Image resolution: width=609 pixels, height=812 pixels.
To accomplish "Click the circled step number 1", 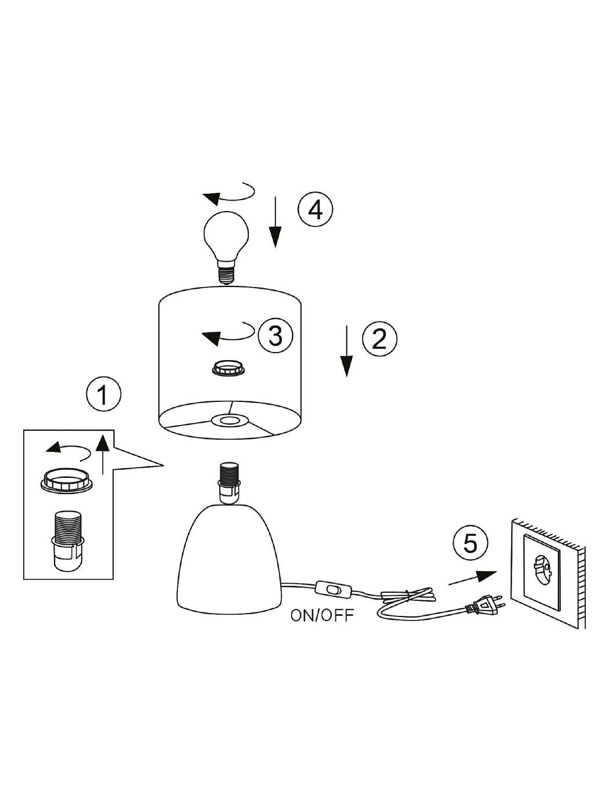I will pos(103,396).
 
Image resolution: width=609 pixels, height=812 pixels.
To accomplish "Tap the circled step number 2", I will pos(379,338).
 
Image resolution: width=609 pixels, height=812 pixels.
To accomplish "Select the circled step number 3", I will pos(275,335).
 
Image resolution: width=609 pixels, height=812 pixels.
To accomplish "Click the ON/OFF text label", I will pos(322,615).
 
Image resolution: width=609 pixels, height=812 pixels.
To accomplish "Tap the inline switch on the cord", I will pos(332,589).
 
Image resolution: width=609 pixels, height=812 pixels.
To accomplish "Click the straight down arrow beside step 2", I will pos(346,351).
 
